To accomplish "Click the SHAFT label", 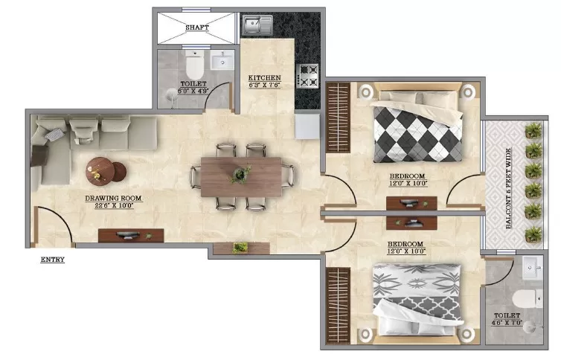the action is click(196, 28).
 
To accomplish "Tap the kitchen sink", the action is click(257, 25).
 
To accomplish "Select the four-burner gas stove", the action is click(308, 76).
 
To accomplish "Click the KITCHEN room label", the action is click(265, 77).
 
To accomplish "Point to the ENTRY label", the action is click(53, 260).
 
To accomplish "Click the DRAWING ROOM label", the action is click(113, 198).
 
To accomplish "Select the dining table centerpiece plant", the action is click(240, 174).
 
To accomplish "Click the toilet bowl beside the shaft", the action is click(195, 65).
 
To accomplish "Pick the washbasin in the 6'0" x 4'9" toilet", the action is click(222, 60).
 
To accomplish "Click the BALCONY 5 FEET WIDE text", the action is click(508, 188).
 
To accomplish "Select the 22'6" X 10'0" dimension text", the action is click(114, 205).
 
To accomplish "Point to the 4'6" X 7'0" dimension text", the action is click(507, 323).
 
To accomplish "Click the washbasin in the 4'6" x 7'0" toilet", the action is click(533, 268).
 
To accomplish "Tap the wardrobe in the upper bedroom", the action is click(338, 118).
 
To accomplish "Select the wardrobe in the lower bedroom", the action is click(338, 306).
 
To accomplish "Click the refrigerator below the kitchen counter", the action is click(307, 126).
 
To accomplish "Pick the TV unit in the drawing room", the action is click(131, 236).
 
